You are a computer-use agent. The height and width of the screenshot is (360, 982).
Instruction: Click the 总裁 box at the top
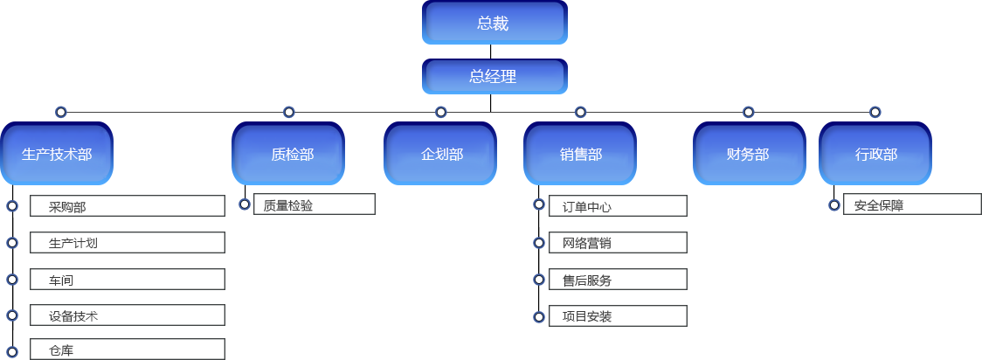(494, 24)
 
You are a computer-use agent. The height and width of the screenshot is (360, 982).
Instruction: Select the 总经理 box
(494, 77)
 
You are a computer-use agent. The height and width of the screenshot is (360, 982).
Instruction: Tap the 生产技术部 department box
(57, 154)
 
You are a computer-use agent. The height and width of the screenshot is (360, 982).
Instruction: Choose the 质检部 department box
(288, 154)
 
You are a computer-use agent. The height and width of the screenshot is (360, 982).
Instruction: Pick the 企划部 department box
(441, 154)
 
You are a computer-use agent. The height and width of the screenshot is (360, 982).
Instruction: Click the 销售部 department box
(581, 154)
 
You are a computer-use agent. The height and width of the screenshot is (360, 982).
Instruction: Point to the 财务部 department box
(749, 154)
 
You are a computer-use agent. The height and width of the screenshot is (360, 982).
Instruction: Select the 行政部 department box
(875, 154)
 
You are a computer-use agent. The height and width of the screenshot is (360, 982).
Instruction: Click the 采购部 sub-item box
(127, 206)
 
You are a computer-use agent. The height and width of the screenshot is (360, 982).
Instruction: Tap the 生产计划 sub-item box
(127, 242)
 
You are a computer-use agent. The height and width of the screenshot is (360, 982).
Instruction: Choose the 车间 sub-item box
(127, 279)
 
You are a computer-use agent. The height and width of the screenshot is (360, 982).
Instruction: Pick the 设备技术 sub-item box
(127, 315)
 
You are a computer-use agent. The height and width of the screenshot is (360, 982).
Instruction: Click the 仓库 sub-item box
(127, 350)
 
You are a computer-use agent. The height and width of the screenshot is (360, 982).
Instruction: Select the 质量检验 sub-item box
(314, 204)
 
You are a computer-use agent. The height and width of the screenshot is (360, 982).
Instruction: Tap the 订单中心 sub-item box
(618, 206)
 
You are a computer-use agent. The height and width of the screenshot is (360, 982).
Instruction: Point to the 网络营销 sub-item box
(618, 242)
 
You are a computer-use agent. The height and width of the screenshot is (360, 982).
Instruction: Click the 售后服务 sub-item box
(618, 280)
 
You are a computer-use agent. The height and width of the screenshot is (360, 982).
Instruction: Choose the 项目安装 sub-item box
(618, 315)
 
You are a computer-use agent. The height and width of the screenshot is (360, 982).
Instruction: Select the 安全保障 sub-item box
(911, 204)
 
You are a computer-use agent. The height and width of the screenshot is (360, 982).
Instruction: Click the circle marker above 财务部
(749, 112)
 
